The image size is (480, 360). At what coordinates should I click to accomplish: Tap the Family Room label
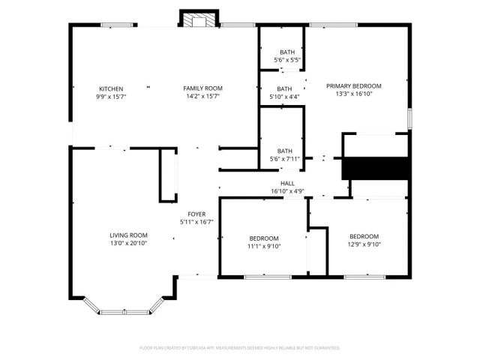click(202, 88)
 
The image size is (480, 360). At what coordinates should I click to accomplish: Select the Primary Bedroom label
click(354, 85)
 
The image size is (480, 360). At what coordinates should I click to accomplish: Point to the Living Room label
click(129, 235)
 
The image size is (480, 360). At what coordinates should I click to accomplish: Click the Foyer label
click(196, 214)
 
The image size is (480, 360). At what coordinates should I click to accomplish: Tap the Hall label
click(287, 183)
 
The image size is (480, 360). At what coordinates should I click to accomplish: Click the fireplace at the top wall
click(198, 20)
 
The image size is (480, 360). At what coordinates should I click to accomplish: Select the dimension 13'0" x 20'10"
click(129, 243)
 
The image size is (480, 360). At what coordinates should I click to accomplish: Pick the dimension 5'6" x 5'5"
click(287, 59)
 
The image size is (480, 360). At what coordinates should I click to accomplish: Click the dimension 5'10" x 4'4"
click(284, 97)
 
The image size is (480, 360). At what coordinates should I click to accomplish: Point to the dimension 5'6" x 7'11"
click(284, 159)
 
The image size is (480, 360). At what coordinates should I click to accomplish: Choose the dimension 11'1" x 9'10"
click(264, 246)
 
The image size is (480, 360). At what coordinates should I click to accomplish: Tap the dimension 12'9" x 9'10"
click(364, 244)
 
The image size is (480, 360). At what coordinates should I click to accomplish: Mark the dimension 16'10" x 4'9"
click(287, 191)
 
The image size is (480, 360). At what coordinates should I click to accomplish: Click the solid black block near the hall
click(374, 168)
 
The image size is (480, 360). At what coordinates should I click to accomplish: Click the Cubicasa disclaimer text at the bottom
click(240, 348)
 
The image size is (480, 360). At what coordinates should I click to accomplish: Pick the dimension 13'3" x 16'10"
click(354, 94)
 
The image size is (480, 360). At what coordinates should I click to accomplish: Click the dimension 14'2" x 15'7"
click(202, 97)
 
